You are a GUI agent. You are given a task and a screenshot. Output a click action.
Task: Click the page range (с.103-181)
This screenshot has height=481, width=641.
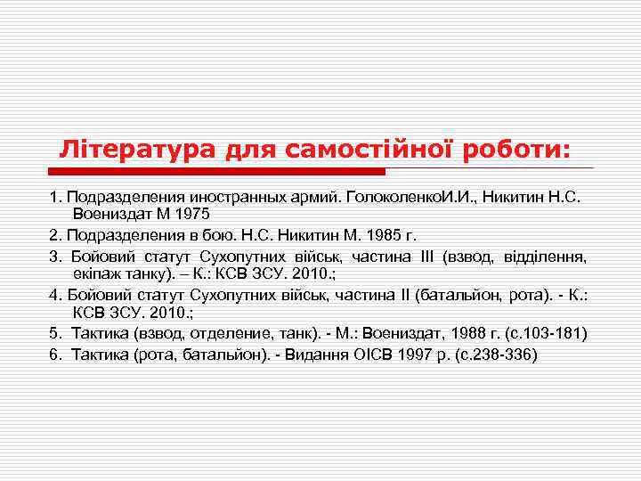pyautogui.click(x=543, y=333)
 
